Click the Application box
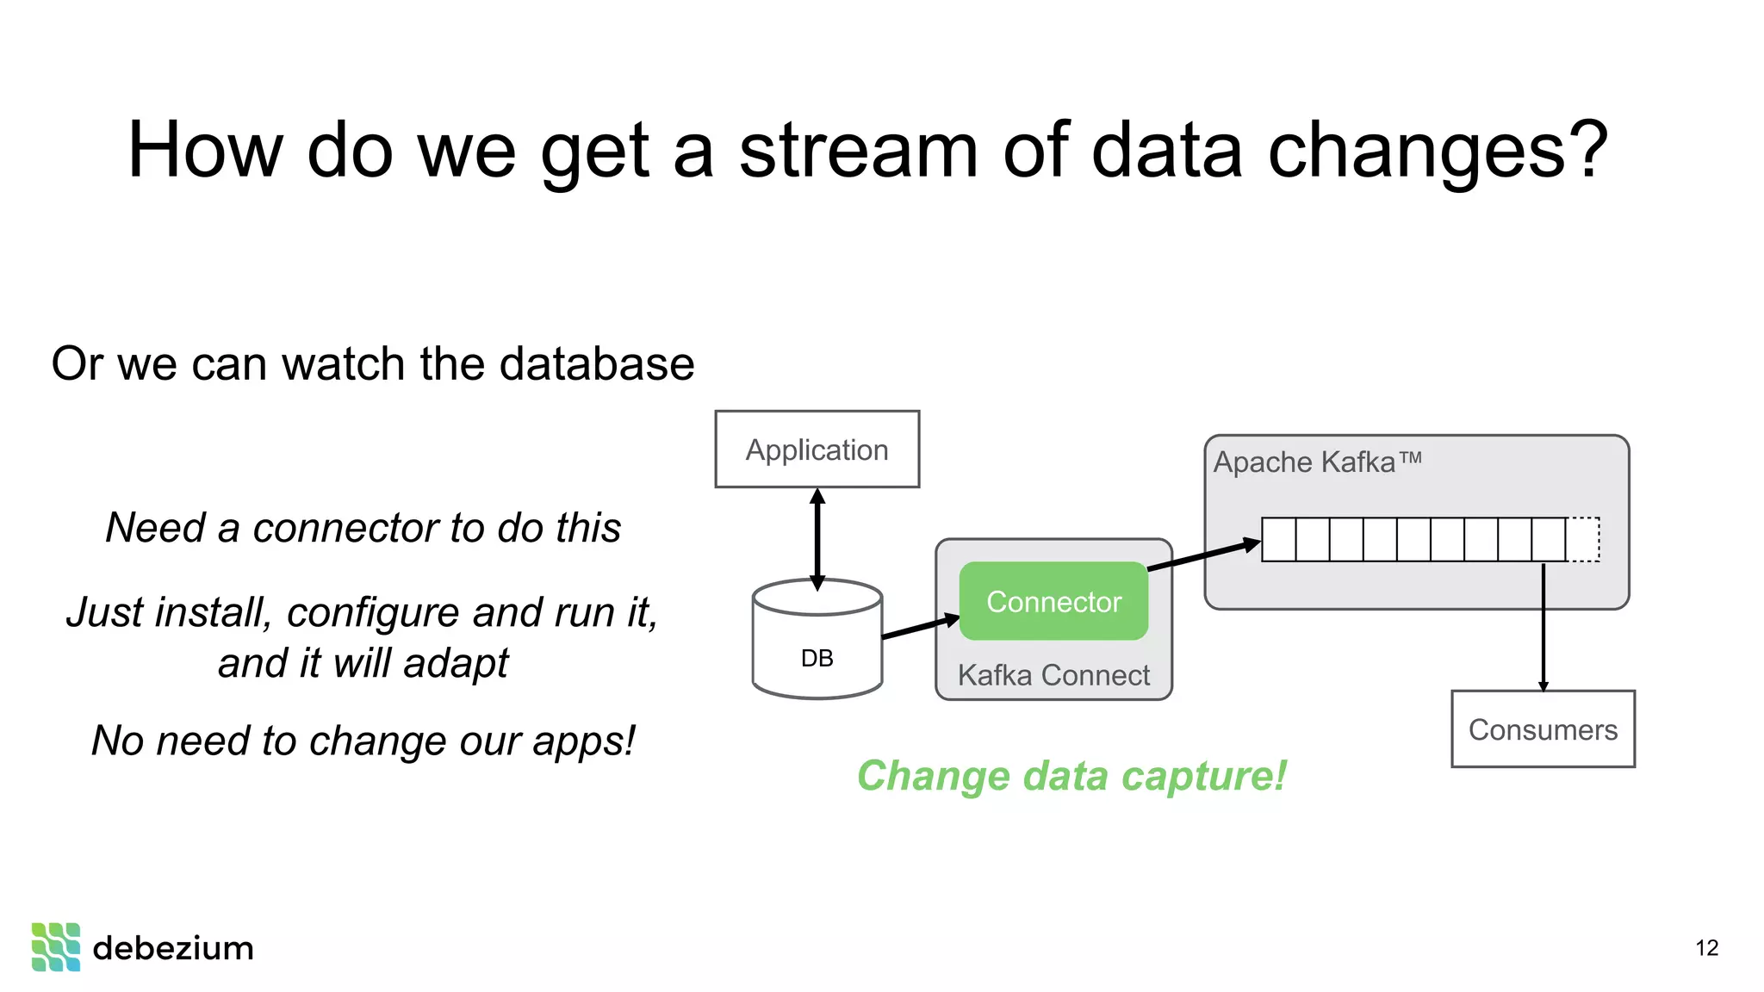(x=817, y=449)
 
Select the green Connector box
(x=1053, y=601)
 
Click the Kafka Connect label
(x=1053, y=675)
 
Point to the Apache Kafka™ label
(x=1317, y=462)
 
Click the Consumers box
(x=1543, y=729)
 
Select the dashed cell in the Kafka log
(x=1583, y=540)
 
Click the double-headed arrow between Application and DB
(x=817, y=538)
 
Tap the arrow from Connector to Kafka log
(x=1204, y=555)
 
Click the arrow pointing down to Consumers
(x=1543, y=629)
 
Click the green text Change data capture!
(x=1071, y=776)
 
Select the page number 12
(x=1706, y=948)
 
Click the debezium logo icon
(x=56, y=947)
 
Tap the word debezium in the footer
(x=173, y=948)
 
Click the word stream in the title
(x=858, y=151)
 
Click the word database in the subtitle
(x=596, y=363)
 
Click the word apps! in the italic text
(x=583, y=741)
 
